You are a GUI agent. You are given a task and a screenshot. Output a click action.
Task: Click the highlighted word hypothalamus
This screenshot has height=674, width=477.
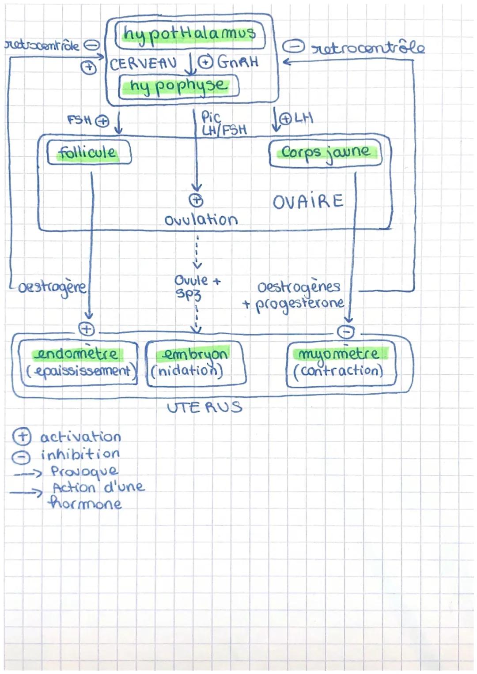click(189, 35)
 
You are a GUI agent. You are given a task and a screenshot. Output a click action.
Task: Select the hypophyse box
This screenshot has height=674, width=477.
click(178, 86)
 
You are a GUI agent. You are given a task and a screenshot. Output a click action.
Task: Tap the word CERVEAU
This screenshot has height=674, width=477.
click(143, 64)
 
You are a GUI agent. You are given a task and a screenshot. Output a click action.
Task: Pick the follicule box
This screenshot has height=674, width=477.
click(88, 153)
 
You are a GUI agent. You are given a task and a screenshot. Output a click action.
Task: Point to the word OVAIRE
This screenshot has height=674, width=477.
click(307, 202)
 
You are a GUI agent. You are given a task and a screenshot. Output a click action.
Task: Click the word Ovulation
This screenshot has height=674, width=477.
click(201, 220)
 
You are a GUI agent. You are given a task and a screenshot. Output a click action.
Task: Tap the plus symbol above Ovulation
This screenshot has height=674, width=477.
click(196, 200)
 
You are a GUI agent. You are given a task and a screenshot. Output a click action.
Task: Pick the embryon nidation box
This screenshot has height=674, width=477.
click(195, 363)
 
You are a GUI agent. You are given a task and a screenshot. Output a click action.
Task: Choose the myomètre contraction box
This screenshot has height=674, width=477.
click(341, 363)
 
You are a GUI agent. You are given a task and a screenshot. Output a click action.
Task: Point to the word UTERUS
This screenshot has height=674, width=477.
click(204, 407)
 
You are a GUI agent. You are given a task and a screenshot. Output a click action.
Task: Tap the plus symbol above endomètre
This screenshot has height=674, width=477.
click(87, 329)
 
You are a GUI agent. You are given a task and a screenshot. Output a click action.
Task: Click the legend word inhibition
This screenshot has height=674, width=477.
click(80, 454)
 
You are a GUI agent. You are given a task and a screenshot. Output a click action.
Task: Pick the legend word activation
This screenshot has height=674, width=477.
click(80, 437)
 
